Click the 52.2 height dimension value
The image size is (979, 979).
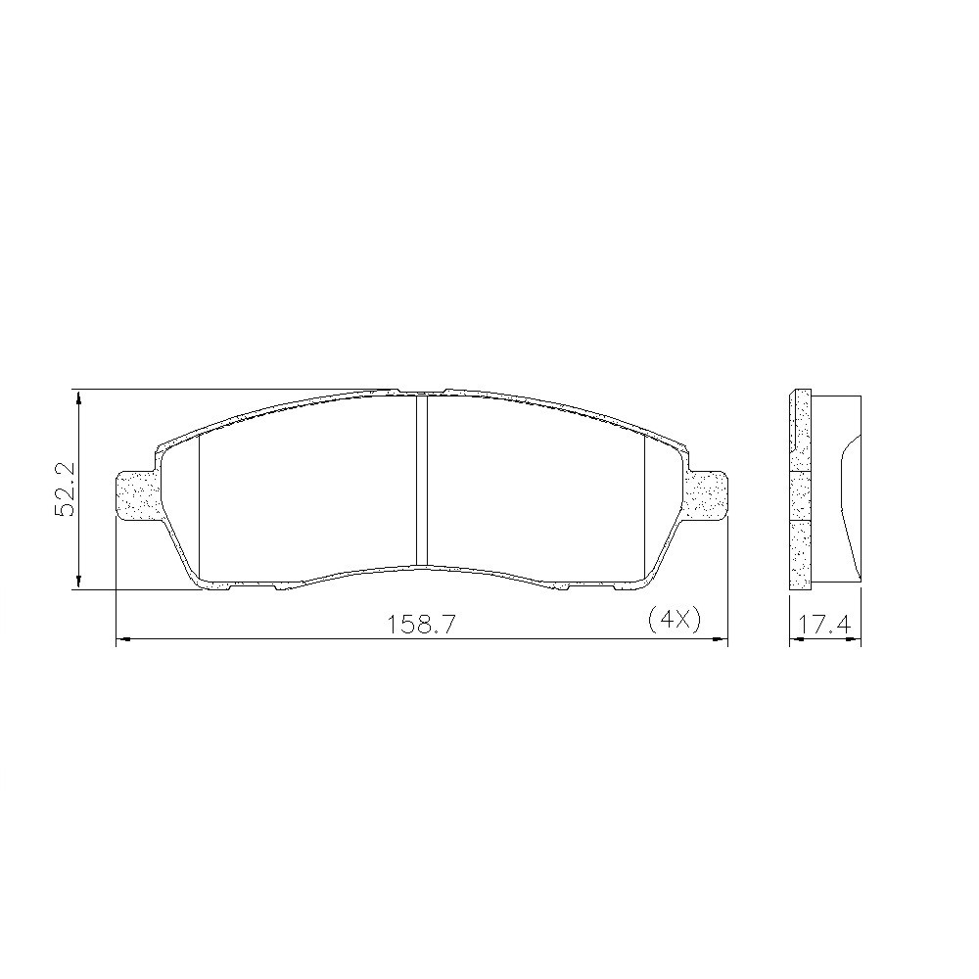coord(65,489)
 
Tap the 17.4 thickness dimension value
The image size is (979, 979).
coord(825,624)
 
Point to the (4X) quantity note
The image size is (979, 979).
coord(675,621)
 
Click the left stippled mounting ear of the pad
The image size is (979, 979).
coord(139,494)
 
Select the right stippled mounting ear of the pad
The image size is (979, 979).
coord(707,494)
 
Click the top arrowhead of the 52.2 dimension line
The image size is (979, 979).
coord(78,398)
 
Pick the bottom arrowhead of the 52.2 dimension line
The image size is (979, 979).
coord(78,582)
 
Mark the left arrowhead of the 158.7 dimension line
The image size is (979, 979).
coord(123,638)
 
